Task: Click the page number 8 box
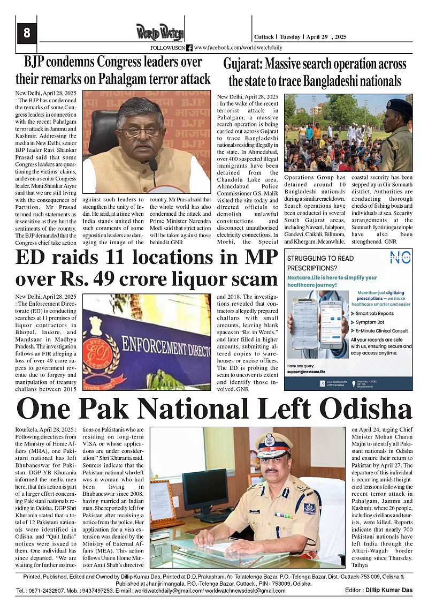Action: click(27, 34)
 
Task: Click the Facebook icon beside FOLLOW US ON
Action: click(189, 48)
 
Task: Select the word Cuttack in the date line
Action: click(264, 37)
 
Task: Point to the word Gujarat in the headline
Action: click(242, 65)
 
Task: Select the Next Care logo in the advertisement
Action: click(400, 258)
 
